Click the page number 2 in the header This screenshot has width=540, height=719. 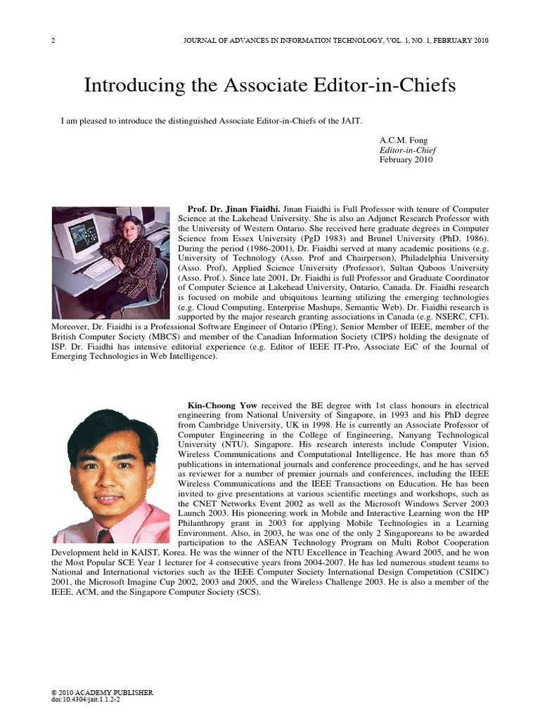click(53, 40)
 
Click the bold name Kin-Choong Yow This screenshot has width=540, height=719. click(222, 406)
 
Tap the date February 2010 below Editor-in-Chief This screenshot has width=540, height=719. click(406, 159)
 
